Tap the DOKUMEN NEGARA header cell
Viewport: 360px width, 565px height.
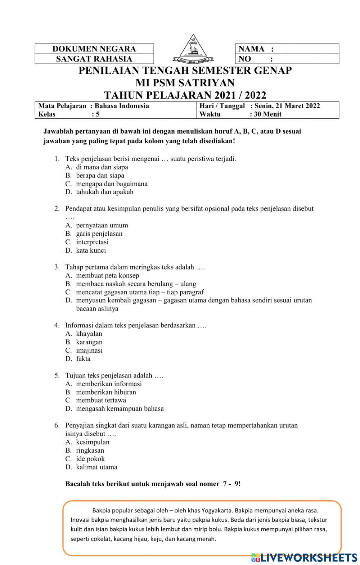94,49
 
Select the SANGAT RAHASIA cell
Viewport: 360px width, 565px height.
94,59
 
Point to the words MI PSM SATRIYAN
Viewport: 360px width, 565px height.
185,83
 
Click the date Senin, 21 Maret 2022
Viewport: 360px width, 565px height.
287,106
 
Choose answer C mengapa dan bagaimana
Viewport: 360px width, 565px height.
112,184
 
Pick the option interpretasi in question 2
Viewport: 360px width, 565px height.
92,242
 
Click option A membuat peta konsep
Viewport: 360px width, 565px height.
107,276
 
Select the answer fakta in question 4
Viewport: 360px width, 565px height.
83,358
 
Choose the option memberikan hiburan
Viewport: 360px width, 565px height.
106,392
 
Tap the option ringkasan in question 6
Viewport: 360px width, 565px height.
90,450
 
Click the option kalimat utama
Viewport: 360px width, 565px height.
96,467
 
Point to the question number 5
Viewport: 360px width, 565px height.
57,375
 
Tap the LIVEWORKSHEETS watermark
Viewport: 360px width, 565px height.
304,557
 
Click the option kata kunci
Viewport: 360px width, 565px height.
91,250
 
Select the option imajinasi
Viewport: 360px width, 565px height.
89,350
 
